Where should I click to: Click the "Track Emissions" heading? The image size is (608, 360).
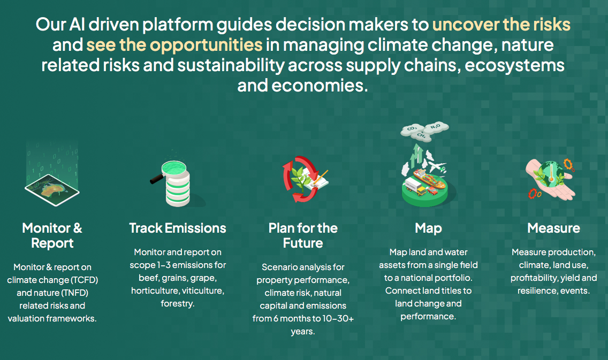click(178, 228)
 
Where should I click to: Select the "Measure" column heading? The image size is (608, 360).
click(554, 228)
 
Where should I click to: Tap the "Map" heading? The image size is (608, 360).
click(429, 228)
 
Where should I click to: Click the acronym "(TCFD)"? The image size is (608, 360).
click(84, 280)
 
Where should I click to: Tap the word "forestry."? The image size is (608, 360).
click(178, 303)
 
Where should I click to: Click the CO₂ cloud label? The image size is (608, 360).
click(412, 128)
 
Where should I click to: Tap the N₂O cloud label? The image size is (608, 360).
click(436, 126)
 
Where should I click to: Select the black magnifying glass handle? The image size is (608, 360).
click(157, 179)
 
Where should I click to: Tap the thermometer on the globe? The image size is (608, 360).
click(550, 174)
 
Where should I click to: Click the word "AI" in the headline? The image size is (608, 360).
click(77, 25)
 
